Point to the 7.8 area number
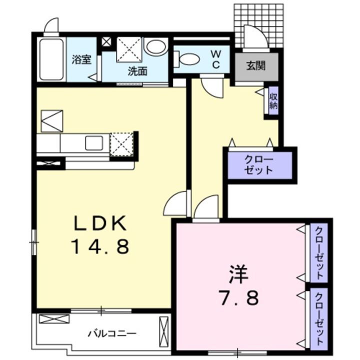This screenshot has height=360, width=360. (238, 298)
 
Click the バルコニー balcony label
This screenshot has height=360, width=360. (112, 333)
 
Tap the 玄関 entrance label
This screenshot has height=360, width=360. (255, 65)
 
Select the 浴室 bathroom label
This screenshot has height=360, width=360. (81, 60)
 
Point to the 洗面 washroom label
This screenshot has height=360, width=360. (137, 71)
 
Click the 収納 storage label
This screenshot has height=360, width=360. (273, 100)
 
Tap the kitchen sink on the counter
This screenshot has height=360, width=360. (94, 143)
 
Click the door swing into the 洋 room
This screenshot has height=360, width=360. (206, 207)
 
